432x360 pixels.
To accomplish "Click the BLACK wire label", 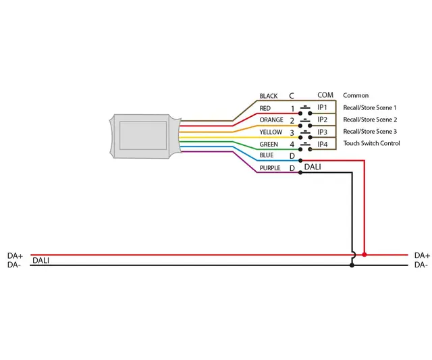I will pyautogui.click(x=269, y=97).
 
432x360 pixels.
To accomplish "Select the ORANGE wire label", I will pyautogui.click(x=271, y=120).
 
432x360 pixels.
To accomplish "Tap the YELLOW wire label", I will pyautogui.click(x=271, y=132).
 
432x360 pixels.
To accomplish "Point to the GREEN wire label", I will pyautogui.click(x=269, y=145).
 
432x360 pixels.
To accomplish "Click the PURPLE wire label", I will pyautogui.click(x=270, y=168).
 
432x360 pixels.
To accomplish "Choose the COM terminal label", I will pyautogui.click(x=325, y=95).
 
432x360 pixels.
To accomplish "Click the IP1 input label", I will pyautogui.click(x=323, y=107).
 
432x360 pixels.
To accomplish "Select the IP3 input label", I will pyautogui.click(x=323, y=132).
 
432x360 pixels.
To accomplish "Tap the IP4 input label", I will pyautogui.click(x=323, y=144).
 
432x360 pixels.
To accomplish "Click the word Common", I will pyautogui.click(x=356, y=96).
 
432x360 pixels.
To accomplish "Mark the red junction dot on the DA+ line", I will pyautogui.click(x=364, y=255).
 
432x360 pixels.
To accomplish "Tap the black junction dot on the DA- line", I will pyautogui.click(x=352, y=265).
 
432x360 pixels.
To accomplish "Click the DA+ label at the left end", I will pyautogui.click(x=15, y=256).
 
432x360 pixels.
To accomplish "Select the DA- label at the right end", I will pyautogui.click(x=421, y=265).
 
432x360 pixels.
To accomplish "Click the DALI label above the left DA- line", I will pyautogui.click(x=40, y=260).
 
